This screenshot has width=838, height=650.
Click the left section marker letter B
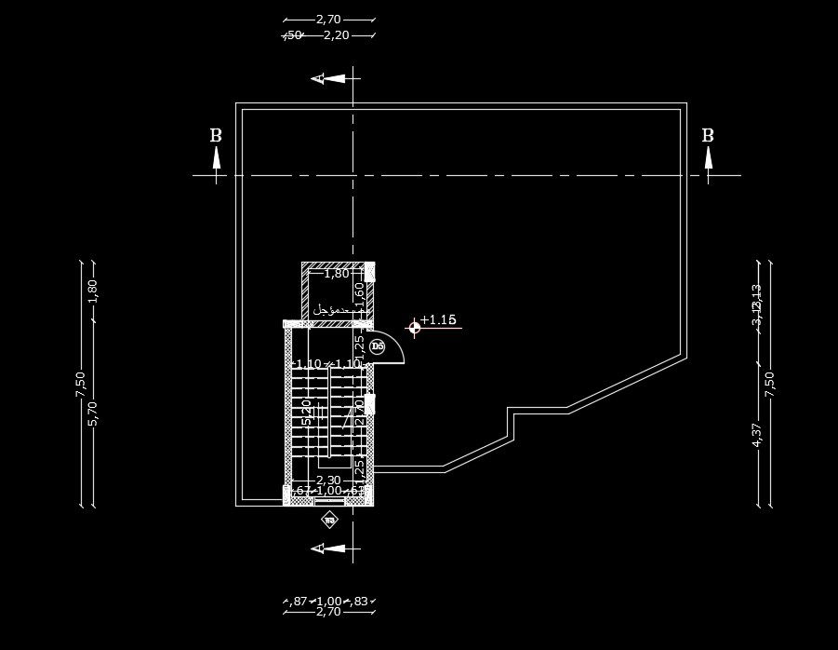tap(216, 136)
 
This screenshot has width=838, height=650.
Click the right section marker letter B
tap(708, 136)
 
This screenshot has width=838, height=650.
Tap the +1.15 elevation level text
tap(438, 320)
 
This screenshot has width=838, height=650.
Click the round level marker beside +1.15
tap(415, 326)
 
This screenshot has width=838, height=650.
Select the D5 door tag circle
tap(377, 346)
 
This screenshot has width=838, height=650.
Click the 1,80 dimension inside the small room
tap(336, 274)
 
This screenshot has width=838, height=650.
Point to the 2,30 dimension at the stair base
tap(328, 481)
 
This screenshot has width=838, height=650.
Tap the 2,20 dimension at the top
tap(336, 35)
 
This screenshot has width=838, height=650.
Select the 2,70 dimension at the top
tap(328, 19)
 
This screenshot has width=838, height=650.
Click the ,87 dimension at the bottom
tap(299, 602)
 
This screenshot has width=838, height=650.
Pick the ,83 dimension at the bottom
tap(359, 602)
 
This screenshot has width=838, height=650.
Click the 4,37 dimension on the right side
tap(756, 435)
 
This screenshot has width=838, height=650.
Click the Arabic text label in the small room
tap(330, 308)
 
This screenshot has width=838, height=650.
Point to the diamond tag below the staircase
tap(328, 520)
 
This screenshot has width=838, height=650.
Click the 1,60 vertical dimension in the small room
tap(359, 291)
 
